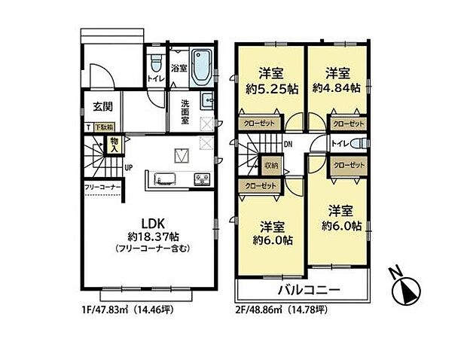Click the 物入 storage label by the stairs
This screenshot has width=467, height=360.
coord(113,143)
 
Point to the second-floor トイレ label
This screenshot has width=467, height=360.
coord(339,143)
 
